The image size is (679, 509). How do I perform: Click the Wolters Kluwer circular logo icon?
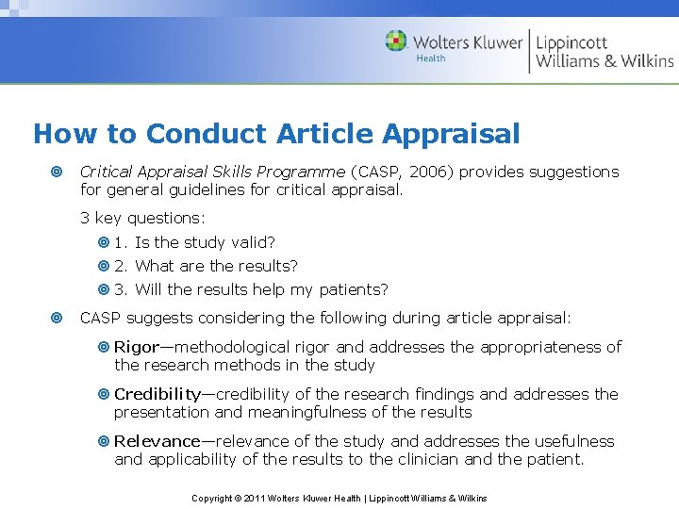396,41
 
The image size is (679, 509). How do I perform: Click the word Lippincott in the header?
571,42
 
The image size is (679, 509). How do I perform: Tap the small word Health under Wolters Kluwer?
431,58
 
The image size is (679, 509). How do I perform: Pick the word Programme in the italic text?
300,172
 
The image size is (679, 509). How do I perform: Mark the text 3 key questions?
142,218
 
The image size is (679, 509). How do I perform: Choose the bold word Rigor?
137,347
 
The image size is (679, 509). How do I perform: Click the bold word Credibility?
157,394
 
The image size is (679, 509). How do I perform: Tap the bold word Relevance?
157,441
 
